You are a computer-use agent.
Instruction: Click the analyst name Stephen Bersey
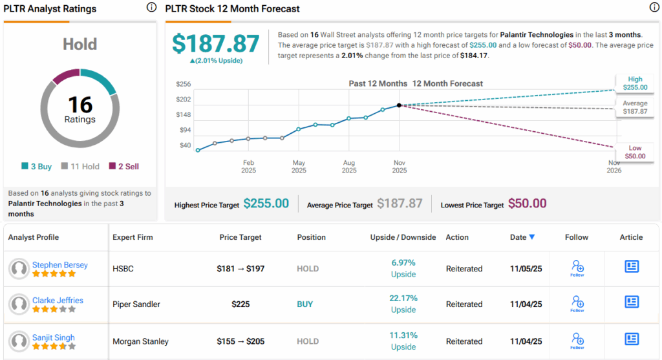[59, 265]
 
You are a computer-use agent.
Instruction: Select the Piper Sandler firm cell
[137, 304]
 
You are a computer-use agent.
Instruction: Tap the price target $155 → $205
[240, 341]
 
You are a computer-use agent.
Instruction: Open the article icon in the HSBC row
[632, 266]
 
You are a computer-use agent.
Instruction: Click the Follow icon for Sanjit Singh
[577, 341]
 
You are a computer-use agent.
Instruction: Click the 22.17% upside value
[403, 299]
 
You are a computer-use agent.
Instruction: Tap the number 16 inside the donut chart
[80, 105]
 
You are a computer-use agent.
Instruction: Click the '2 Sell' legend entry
[123, 166]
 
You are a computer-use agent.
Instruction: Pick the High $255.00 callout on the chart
[634, 83]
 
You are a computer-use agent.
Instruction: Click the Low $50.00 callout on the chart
[634, 153]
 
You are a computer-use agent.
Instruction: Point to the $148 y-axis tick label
[184, 114]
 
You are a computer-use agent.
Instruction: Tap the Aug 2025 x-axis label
[349, 167]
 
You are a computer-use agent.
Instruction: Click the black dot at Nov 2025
[399, 105]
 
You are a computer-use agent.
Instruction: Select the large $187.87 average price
[216, 43]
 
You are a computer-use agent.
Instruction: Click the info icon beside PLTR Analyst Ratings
[151, 8]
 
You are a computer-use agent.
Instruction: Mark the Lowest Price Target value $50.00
[527, 204]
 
